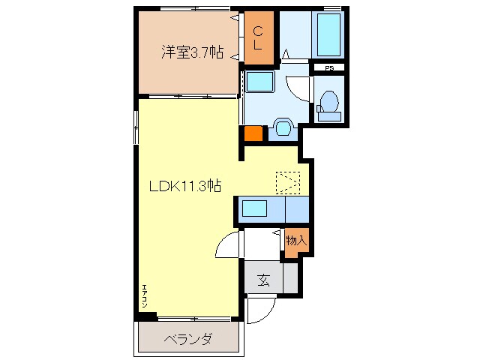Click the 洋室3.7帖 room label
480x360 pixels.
(x=192, y=52)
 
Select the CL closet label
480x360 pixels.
(x=256, y=37)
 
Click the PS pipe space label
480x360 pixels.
(x=329, y=67)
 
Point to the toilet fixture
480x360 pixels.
(x=328, y=103)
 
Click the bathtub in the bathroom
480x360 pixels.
(x=328, y=34)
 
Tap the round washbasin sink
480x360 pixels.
(x=283, y=127)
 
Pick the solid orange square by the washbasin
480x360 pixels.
(x=253, y=134)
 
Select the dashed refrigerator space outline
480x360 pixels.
(x=286, y=181)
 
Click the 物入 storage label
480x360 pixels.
(x=295, y=241)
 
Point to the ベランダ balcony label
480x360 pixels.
(x=187, y=339)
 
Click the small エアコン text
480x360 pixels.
(x=143, y=295)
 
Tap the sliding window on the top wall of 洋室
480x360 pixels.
(x=191, y=8)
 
